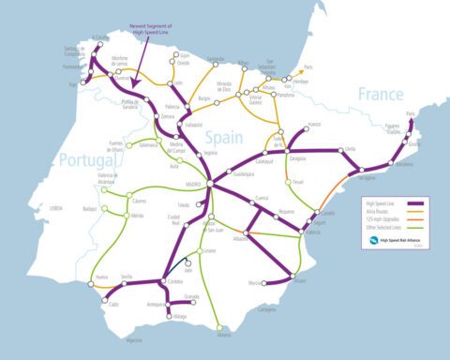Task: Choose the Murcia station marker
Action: (x=265, y=282)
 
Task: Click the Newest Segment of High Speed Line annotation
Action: (x=155, y=28)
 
